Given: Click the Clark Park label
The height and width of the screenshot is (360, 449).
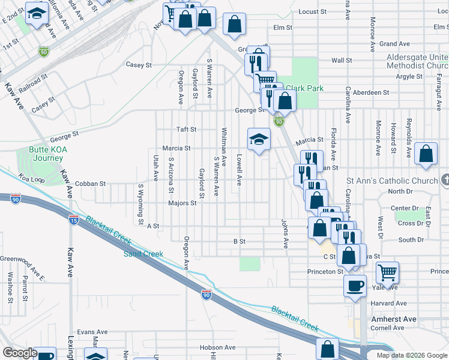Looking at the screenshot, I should click(x=304, y=88).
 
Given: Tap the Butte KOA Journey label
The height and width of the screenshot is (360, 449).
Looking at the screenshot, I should click(x=46, y=154).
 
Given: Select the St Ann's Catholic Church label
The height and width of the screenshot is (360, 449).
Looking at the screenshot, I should click(x=392, y=181).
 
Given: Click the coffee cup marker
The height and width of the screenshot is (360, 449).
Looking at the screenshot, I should click(x=355, y=286).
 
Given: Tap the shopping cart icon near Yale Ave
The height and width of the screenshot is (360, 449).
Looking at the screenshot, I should click(x=387, y=272).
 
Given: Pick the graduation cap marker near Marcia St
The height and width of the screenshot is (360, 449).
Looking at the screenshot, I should click(x=259, y=140).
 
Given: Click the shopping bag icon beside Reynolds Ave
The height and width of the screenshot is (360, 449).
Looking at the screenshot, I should click(x=426, y=154).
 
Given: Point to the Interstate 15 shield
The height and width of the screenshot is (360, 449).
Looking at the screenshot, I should click(x=74, y=220).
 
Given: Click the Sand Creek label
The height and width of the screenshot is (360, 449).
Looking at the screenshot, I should click(x=143, y=254).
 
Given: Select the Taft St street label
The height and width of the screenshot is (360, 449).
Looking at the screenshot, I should click(x=182, y=130).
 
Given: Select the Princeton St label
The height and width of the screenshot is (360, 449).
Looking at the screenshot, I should click(x=324, y=272).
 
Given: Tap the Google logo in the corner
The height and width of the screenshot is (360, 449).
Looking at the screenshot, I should click(x=20, y=353).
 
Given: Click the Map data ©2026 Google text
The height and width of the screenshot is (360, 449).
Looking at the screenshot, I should click(x=411, y=355).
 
